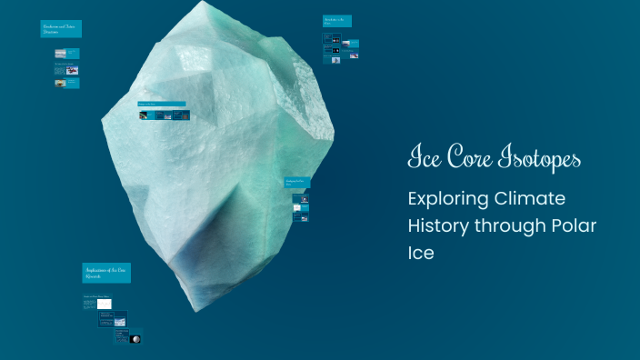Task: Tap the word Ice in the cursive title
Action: pyautogui.click(x=424, y=158)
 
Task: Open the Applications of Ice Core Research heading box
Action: pyautogui.click(x=106, y=273)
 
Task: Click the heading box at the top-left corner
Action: pyautogui.click(x=61, y=29)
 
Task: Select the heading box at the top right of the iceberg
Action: pyautogui.click(x=336, y=21)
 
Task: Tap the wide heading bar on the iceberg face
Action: pyautogui.click(x=161, y=104)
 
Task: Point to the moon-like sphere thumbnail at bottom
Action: pyautogui.click(x=135, y=339)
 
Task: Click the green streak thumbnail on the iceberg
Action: pyautogui.click(x=144, y=115)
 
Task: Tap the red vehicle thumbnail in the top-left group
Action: pyautogui.click(x=73, y=70)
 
